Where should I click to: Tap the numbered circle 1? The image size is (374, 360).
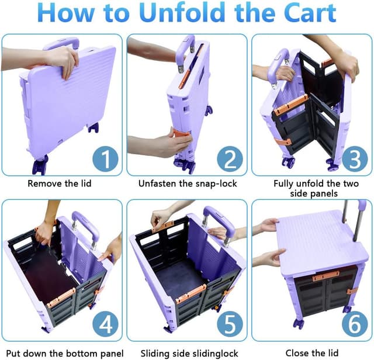(x=105, y=158)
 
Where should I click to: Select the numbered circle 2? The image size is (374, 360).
(x=230, y=158)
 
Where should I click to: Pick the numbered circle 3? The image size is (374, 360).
(x=354, y=158)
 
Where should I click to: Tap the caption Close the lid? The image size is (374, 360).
(x=313, y=352)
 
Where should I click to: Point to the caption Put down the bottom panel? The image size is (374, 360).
(x=62, y=352)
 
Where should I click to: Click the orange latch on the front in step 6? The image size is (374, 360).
(x=325, y=275)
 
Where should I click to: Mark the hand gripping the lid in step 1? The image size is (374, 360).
(x=63, y=58)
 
